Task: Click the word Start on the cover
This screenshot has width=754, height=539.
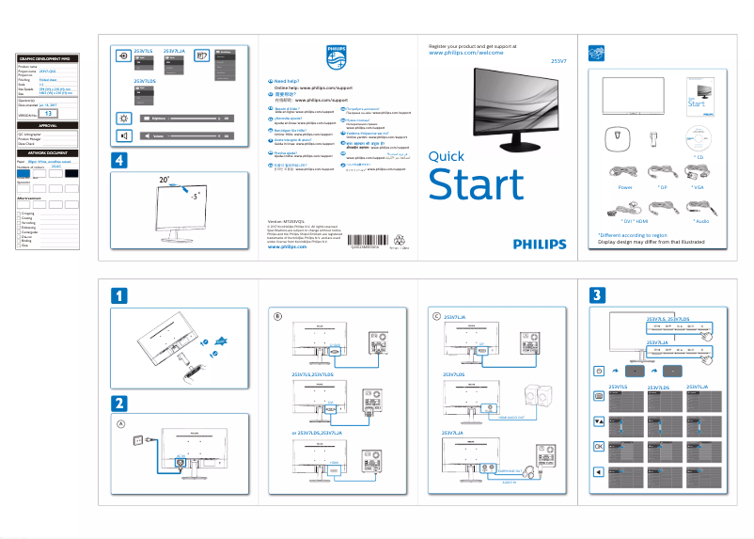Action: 476,184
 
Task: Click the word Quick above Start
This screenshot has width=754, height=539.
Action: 447,156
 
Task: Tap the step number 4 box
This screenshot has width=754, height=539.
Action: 119,161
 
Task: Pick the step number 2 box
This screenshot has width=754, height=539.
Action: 119,403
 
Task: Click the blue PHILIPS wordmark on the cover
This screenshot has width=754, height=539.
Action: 540,243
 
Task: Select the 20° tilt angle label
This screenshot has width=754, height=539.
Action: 165,179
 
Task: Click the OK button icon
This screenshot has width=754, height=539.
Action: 599,445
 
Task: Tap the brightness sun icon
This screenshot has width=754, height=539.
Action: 123,118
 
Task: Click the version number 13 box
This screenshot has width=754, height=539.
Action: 50,113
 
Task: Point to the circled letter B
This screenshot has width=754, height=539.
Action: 277,316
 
